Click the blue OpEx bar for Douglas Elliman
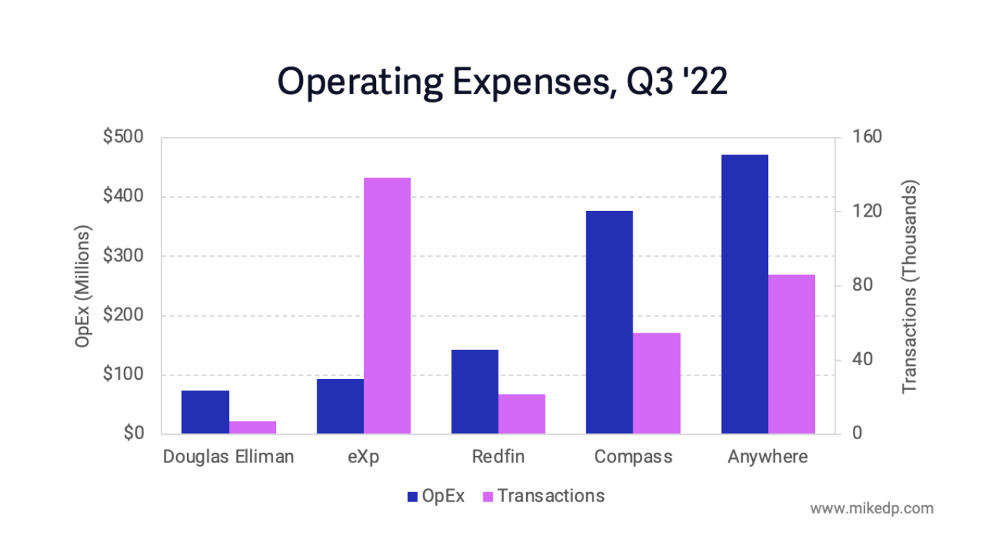pyautogui.click(x=205, y=412)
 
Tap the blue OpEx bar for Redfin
pyautogui.click(x=475, y=392)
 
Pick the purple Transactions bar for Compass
pyautogui.click(x=657, y=383)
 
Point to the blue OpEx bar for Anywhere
pyautogui.click(x=744, y=294)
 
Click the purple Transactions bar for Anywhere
pyautogui.click(x=791, y=354)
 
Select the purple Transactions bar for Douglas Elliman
pyautogui.click(x=252, y=428)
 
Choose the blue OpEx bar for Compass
pyautogui.click(x=609, y=323)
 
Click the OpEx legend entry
pyautogui.click(x=436, y=496)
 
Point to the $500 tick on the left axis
pyautogui.click(x=123, y=138)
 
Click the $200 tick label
pyautogui.click(x=123, y=316)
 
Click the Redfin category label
pyautogui.click(x=498, y=457)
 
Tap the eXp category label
pyautogui.click(x=364, y=457)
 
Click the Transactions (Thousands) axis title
pyautogui.click(x=910, y=286)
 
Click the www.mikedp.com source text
pyautogui.click(x=871, y=508)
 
